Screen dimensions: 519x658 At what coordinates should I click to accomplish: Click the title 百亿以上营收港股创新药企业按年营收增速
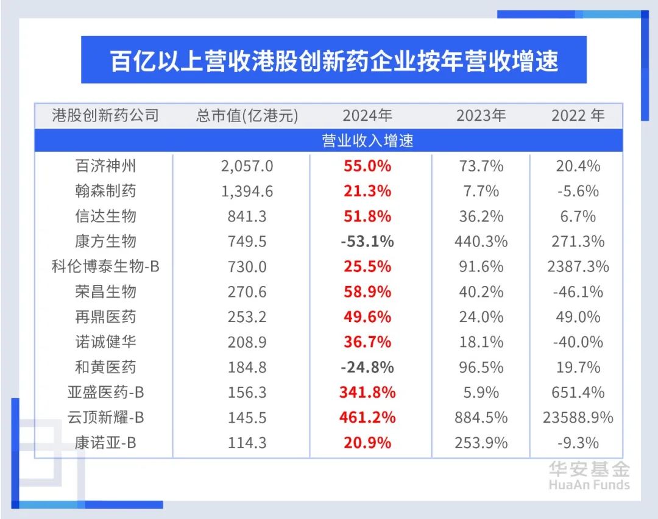pyautogui.click(x=334, y=62)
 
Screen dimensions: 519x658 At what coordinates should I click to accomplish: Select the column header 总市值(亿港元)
pyautogui.click(x=247, y=116)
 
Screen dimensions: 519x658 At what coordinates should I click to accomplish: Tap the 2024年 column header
pyautogui.click(x=367, y=116)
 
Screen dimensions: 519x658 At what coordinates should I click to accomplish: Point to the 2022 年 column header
pyautogui.click(x=578, y=116)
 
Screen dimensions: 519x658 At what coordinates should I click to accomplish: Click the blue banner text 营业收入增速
pyautogui.click(x=367, y=141)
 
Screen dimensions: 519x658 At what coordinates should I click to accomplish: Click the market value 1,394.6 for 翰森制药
pyautogui.click(x=247, y=191)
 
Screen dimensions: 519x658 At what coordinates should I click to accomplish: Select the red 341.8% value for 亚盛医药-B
pyautogui.click(x=367, y=392)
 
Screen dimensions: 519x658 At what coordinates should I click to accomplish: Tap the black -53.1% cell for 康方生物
pyautogui.click(x=367, y=242)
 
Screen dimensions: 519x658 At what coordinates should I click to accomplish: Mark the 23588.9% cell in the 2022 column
pyautogui.click(x=578, y=418)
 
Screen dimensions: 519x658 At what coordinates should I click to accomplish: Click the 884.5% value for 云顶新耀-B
pyautogui.click(x=481, y=418)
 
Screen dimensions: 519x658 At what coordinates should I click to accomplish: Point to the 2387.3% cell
pyautogui.click(x=578, y=267)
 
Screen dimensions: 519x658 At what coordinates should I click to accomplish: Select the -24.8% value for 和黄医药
pyautogui.click(x=367, y=367)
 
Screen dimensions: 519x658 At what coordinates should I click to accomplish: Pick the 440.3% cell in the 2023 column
pyautogui.click(x=481, y=242)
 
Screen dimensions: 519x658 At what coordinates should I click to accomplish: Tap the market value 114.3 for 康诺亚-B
pyautogui.click(x=247, y=443)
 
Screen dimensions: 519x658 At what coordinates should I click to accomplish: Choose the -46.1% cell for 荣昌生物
pyautogui.click(x=578, y=292)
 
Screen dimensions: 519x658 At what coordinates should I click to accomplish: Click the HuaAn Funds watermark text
pyautogui.click(x=589, y=485)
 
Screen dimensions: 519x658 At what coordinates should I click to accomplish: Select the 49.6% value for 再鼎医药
pyautogui.click(x=367, y=317)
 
